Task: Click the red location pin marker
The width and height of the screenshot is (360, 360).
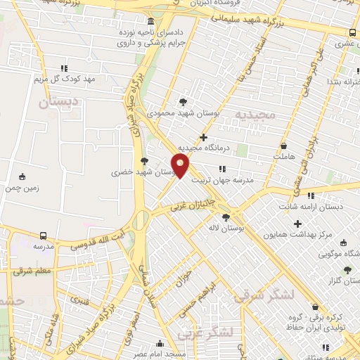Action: pos(181,167)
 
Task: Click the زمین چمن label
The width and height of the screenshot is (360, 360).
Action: pos(22,188)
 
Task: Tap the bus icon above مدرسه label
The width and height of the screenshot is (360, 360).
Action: pos(44,236)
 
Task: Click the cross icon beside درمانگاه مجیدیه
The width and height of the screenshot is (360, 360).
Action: pos(204,137)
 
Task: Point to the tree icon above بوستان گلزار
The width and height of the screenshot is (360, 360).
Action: pos(346,269)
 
